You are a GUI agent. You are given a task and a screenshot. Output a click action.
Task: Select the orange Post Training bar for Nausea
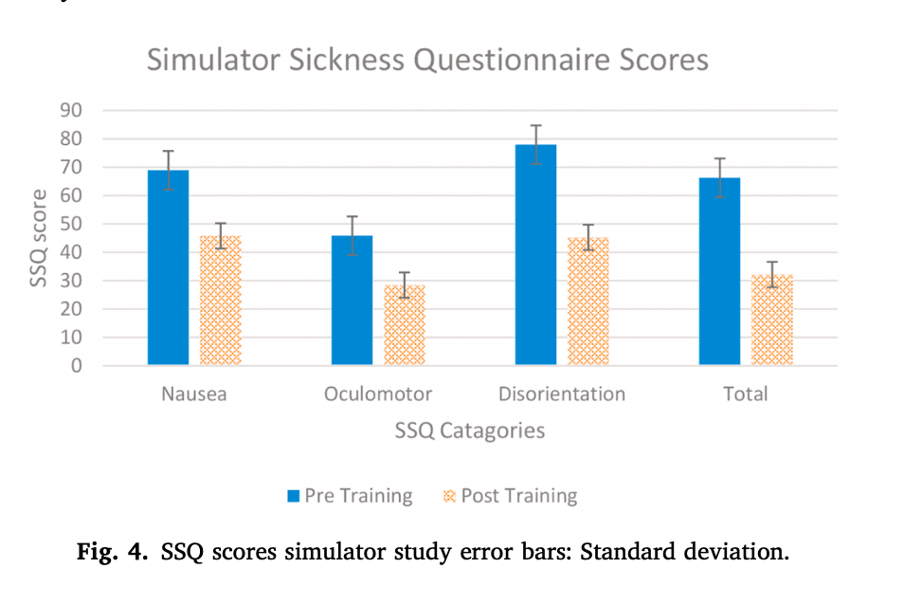coord(221,301)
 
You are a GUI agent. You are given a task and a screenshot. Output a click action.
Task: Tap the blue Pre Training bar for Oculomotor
coord(352,301)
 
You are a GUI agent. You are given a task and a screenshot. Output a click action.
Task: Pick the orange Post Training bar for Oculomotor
coord(405,325)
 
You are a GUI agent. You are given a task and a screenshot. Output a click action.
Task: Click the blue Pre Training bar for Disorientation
coord(535,255)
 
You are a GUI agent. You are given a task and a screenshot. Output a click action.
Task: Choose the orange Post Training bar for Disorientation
coord(588,302)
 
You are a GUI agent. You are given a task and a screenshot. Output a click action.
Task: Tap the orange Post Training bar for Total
coord(772,321)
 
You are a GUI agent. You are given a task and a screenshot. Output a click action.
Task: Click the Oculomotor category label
coord(378,394)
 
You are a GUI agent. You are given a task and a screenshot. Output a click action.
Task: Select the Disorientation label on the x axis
coord(562,394)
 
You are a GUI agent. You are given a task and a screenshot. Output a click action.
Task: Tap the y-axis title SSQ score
coord(39,238)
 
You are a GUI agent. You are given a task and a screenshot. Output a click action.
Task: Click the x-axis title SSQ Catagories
coord(470,431)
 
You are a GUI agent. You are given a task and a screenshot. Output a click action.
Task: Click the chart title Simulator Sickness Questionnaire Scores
coord(427,61)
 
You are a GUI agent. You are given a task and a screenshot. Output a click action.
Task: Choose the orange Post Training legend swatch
coord(449,496)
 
